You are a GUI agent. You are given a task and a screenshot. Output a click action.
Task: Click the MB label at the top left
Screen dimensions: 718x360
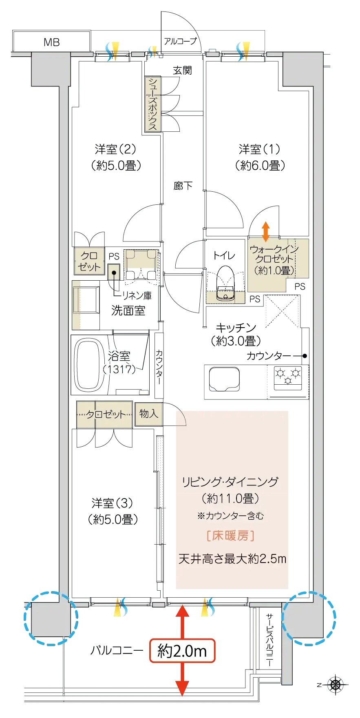pos(51,42)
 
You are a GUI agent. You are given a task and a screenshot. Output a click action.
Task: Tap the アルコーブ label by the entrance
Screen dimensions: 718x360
pos(180,41)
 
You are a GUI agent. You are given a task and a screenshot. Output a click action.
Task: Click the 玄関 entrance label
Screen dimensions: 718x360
pos(182,70)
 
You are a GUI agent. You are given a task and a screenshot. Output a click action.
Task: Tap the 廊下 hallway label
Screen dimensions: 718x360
pos(183,186)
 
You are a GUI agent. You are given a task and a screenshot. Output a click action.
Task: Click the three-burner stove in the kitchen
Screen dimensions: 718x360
pos(288,375)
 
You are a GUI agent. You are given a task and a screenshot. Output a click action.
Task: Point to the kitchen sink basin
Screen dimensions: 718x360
pos(224,379)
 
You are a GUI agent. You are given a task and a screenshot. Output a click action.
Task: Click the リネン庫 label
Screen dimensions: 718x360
pos(136,295)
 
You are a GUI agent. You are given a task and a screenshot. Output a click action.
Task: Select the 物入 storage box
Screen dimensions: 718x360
pos(148,414)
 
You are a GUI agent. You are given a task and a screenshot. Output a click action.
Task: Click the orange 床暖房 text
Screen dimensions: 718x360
pos(231,536)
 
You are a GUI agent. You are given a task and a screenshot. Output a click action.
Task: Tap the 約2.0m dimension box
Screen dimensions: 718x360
pos(182,651)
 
